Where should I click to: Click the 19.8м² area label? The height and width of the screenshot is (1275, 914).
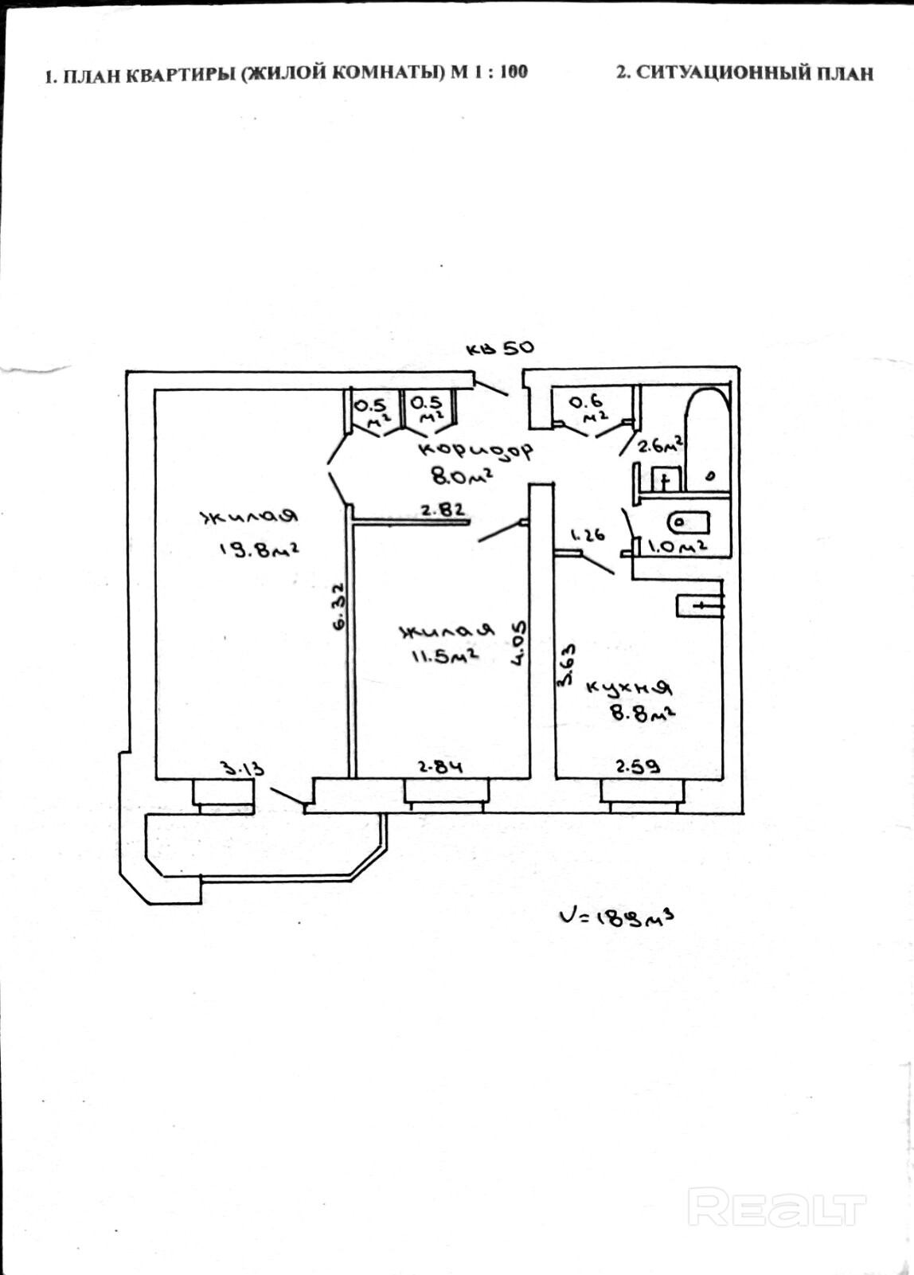click(259, 550)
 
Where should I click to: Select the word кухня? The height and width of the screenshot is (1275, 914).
click(630, 687)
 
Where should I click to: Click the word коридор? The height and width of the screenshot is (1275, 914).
click(476, 449)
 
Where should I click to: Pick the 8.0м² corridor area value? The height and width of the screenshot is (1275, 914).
click(460, 475)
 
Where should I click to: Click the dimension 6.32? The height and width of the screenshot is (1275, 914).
click(338, 606)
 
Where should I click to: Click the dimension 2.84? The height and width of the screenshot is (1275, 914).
click(440, 768)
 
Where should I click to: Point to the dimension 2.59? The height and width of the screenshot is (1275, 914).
click(638, 767)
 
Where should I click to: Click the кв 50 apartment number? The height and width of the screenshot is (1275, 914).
click(500, 348)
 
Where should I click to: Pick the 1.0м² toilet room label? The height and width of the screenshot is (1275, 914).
click(678, 546)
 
